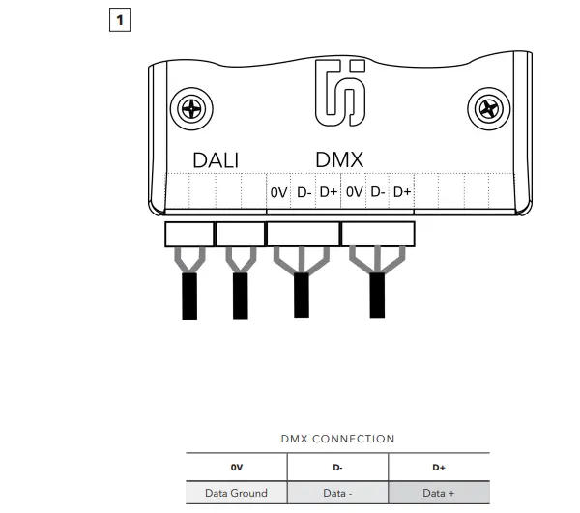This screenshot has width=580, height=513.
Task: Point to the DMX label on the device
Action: tap(339, 160)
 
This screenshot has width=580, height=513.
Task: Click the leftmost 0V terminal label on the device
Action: tap(278, 192)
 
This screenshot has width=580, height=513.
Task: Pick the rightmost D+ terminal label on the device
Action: tap(402, 192)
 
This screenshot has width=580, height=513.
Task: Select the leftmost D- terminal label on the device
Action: tap(304, 192)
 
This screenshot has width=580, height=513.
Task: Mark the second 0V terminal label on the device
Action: tap(354, 192)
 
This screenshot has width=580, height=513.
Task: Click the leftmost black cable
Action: tap(189, 295)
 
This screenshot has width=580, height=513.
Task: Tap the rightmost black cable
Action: tap(378, 295)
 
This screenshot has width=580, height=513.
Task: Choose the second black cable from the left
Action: tap(241, 295)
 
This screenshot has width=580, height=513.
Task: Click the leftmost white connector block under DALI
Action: tap(188, 234)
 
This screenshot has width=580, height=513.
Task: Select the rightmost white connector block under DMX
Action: tap(378, 234)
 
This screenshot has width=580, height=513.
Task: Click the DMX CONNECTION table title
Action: tap(337, 439)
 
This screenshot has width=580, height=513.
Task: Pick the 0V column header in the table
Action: tap(236, 467)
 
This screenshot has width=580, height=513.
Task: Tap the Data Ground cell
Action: tap(236, 493)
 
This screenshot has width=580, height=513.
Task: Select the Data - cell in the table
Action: tap(337, 493)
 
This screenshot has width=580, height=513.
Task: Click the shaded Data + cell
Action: tap(438, 493)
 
